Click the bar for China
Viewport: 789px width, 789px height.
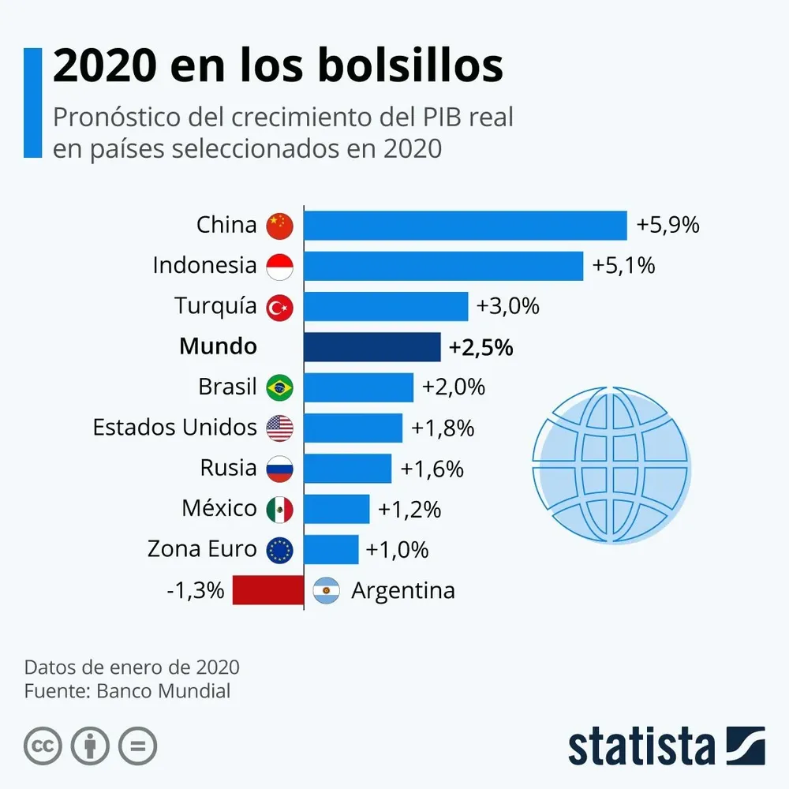point(466,226)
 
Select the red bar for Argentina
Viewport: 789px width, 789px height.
point(268,590)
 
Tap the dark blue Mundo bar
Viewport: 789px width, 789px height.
point(372,346)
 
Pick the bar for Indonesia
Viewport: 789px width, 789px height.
point(443,266)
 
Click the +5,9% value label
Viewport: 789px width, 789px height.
point(668,226)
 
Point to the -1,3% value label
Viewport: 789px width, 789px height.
point(196,590)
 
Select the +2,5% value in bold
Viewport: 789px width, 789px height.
point(481,347)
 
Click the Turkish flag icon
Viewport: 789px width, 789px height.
point(280,307)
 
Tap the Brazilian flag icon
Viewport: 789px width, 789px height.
point(280,387)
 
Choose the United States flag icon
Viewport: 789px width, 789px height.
point(280,428)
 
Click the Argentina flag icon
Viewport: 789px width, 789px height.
point(326,590)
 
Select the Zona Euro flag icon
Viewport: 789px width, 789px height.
point(280,549)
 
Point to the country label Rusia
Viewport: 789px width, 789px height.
point(228,468)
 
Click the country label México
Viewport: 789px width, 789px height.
point(219,508)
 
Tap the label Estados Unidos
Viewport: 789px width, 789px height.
point(174,428)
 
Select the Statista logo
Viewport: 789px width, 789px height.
point(666,746)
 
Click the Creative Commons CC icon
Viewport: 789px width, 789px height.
point(43,746)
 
